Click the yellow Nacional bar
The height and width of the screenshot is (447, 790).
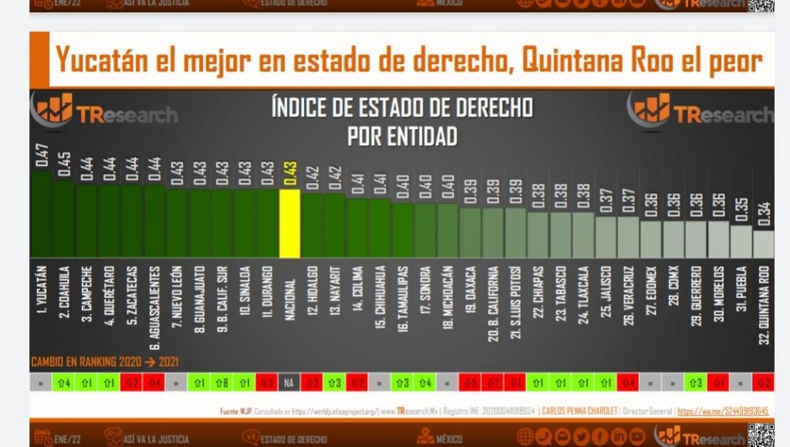290,224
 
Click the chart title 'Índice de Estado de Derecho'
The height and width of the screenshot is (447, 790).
401,107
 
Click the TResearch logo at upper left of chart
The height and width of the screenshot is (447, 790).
104,112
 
